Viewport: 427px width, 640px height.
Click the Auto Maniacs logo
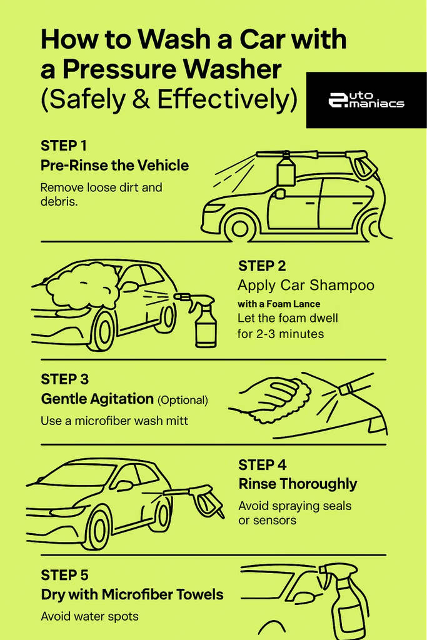point(366,100)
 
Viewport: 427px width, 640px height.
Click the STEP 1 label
point(64,146)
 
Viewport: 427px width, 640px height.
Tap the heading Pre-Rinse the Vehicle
point(114,166)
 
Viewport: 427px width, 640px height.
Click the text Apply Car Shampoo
point(306,286)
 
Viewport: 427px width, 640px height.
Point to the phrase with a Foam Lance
point(279,304)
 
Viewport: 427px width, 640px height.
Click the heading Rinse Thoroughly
point(298,484)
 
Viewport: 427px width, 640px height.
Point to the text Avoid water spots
point(89,616)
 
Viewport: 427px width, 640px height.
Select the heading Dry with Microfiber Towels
point(132,594)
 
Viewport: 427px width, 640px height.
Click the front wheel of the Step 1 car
point(240,226)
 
